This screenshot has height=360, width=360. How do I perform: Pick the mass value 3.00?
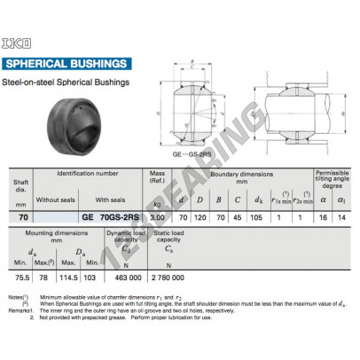(x=158, y=215)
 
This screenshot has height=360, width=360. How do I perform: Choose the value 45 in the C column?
(x=238, y=215)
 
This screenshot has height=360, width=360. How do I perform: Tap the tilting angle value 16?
(x=323, y=215)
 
